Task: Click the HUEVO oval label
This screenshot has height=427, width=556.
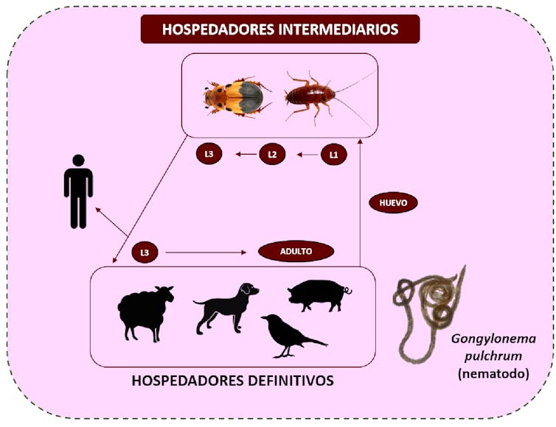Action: (393, 203)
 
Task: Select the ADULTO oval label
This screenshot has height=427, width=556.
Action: (296, 251)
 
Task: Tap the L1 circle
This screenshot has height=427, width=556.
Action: (333, 155)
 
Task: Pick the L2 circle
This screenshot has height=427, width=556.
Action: (272, 154)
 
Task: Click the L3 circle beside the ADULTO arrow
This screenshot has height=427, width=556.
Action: (145, 253)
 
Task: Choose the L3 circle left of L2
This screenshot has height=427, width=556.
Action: (209, 154)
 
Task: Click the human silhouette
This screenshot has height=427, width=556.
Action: (78, 191)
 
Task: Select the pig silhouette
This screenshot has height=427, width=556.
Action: (319, 295)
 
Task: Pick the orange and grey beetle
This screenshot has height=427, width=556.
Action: (237, 96)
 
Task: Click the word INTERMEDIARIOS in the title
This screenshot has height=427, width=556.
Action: (338, 29)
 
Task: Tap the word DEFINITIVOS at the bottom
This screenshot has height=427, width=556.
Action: (291, 381)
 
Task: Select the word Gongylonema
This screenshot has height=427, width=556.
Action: (493, 339)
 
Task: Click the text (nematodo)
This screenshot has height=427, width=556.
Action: (493, 373)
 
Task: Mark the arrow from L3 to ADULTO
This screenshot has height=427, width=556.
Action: (206, 253)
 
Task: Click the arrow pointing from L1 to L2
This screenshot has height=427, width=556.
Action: (307, 155)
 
